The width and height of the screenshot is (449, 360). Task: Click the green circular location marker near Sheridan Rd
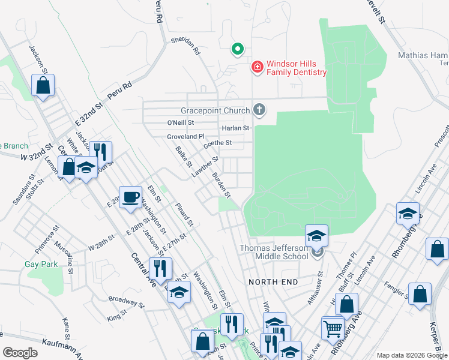point(238,49)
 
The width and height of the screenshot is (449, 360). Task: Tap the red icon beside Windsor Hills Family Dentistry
point(258,67)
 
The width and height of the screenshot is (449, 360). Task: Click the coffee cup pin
point(131,197)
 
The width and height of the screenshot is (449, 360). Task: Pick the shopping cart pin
point(332,328)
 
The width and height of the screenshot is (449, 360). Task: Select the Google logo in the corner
point(20,352)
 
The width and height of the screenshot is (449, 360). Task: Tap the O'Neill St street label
point(181,122)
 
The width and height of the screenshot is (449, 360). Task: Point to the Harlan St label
point(235,128)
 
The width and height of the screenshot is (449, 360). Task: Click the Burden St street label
point(221,185)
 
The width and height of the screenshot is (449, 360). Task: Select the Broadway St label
point(127,301)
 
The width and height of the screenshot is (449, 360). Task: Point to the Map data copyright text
point(412,355)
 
